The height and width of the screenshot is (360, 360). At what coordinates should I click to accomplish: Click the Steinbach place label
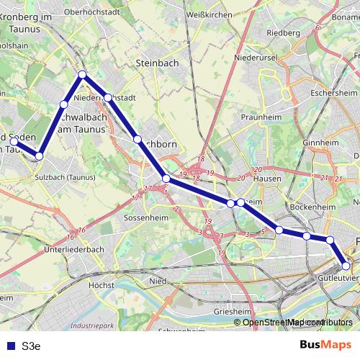pyautogui.click(x=157, y=63)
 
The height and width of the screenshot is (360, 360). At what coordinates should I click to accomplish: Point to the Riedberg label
pyautogui.click(x=283, y=32)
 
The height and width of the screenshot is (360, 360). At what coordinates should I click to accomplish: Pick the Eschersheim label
pyautogui.click(x=334, y=93)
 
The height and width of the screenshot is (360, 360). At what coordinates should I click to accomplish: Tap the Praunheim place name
pyautogui.click(x=261, y=115)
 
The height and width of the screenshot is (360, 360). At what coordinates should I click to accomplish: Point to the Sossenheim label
pyautogui.click(x=145, y=217)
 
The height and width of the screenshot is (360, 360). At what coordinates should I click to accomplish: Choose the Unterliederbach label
pyautogui.click(x=74, y=250)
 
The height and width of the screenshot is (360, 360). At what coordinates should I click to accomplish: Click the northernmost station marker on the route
pyautogui.click(x=83, y=74)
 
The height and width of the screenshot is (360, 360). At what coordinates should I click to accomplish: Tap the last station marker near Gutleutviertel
pyautogui.click(x=346, y=266)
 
